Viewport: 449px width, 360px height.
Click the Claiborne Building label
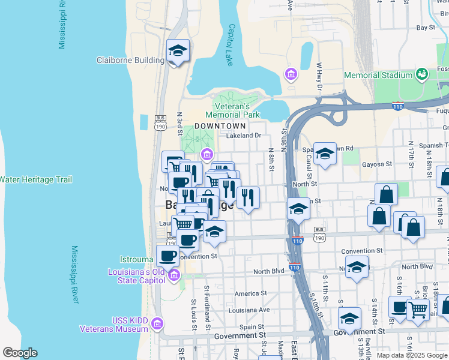click(130, 60)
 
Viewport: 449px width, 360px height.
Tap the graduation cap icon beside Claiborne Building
click(178, 51)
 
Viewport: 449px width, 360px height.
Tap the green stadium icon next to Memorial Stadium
click(423, 74)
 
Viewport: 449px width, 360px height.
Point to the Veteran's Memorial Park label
click(232, 110)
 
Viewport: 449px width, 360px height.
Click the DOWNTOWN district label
click(220, 126)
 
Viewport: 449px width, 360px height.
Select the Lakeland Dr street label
click(244, 136)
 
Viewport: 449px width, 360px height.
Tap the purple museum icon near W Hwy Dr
click(291, 74)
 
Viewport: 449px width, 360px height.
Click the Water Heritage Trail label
click(36, 179)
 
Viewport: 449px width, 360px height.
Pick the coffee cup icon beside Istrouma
click(167, 256)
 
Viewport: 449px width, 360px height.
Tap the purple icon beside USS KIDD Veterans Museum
click(157, 324)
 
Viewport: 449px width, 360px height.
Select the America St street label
click(250, 293)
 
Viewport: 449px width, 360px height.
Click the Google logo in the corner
click(20, 353)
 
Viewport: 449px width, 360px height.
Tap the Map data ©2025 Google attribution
click(412, 355)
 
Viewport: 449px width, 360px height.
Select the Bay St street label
click(426, 28)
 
